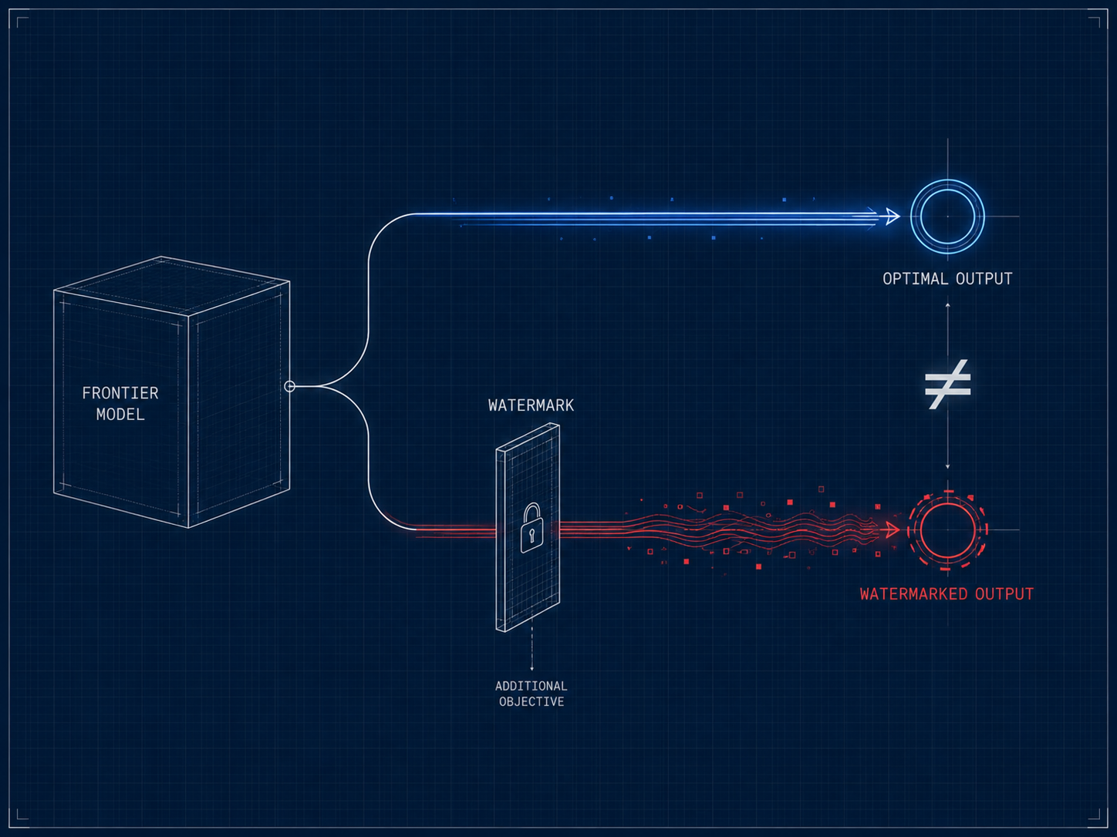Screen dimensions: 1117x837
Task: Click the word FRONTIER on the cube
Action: tap(120, 393)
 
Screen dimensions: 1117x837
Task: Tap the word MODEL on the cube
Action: tap(120, 415)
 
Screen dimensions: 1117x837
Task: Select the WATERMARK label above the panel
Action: tap(531, 405)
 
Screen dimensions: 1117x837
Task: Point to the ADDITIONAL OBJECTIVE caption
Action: tap(532, 694)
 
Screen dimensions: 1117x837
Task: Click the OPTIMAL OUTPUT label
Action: tap(947, 279)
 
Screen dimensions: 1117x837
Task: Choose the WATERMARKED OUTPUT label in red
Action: tap(947, 594)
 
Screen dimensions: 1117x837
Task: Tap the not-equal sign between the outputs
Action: tap(947, 384)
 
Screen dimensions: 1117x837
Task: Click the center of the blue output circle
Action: tap(947, 217)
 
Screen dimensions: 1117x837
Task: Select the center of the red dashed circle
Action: tap(947, 530)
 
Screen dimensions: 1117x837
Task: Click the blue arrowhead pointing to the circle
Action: tap(893, 216)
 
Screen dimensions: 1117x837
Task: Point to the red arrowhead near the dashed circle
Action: tap(893, 529)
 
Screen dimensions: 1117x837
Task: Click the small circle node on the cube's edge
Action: tap(289, 387)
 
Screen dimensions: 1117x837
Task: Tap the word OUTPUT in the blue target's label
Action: tap(984, 279)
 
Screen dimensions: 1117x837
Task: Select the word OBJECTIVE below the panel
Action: tap(532, 702)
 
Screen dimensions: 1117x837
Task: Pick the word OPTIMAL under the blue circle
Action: tap(915, 279)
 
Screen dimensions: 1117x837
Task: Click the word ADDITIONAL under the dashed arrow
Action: tap(532, 686)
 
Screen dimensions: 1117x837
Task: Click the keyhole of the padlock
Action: tap(532, 535)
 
